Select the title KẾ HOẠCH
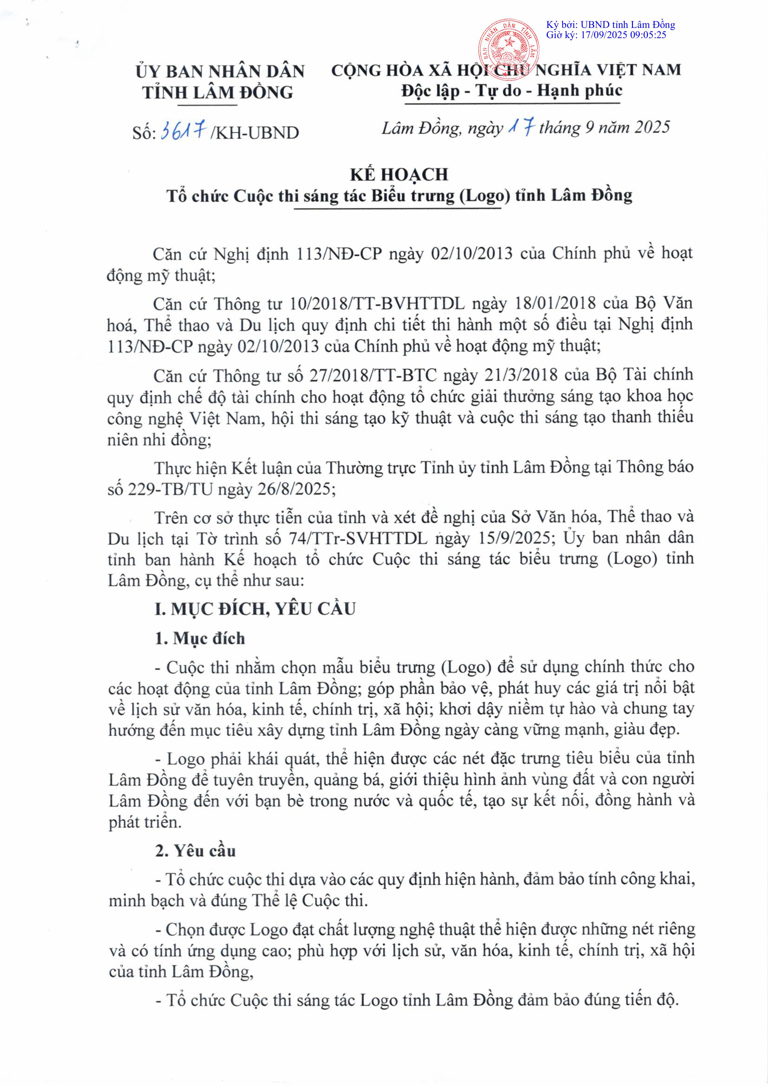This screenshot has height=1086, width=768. pyautogui.click(x=399, y=175)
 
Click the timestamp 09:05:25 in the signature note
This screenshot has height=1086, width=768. pyautogui.click(x=648, y=35)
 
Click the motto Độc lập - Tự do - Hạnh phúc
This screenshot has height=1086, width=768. pyautogui.click(x=512, y=91)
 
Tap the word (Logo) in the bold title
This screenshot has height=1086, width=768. pyautogui.click(x=484, y=196)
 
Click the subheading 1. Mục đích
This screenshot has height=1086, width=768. pyautogui.click(x=200, y=639)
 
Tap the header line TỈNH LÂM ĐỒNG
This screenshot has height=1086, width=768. pyautogui.click(x=218, y=93)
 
